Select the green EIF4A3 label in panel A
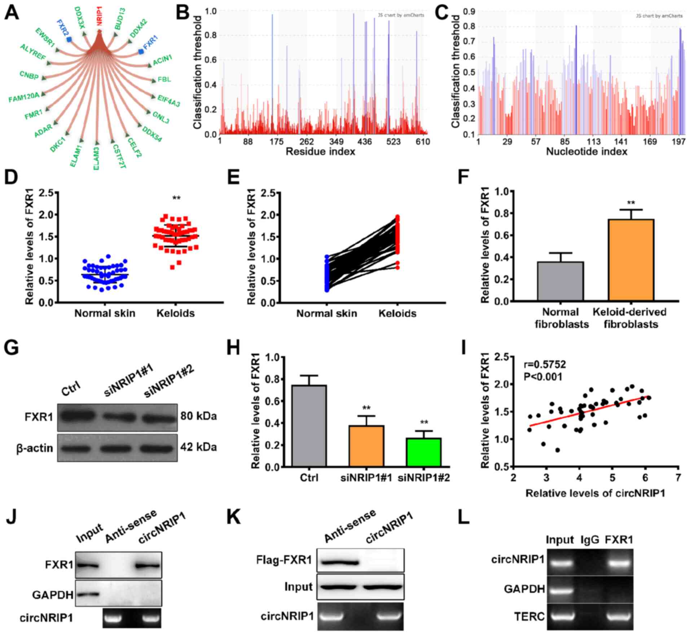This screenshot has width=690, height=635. point(168,100)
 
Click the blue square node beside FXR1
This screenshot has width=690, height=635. point(141,52)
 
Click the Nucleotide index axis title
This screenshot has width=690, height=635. point(586,152)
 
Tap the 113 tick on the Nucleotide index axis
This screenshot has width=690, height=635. point(593,141)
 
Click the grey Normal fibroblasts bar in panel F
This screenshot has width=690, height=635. point(560,281)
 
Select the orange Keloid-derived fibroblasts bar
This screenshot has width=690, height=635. point(631,260)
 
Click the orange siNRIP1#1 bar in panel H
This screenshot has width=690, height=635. point(366,446)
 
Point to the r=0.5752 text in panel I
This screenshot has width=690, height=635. point(545,364)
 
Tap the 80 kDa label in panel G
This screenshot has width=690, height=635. point(198,416)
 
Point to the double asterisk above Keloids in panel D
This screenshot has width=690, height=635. point(176,198)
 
